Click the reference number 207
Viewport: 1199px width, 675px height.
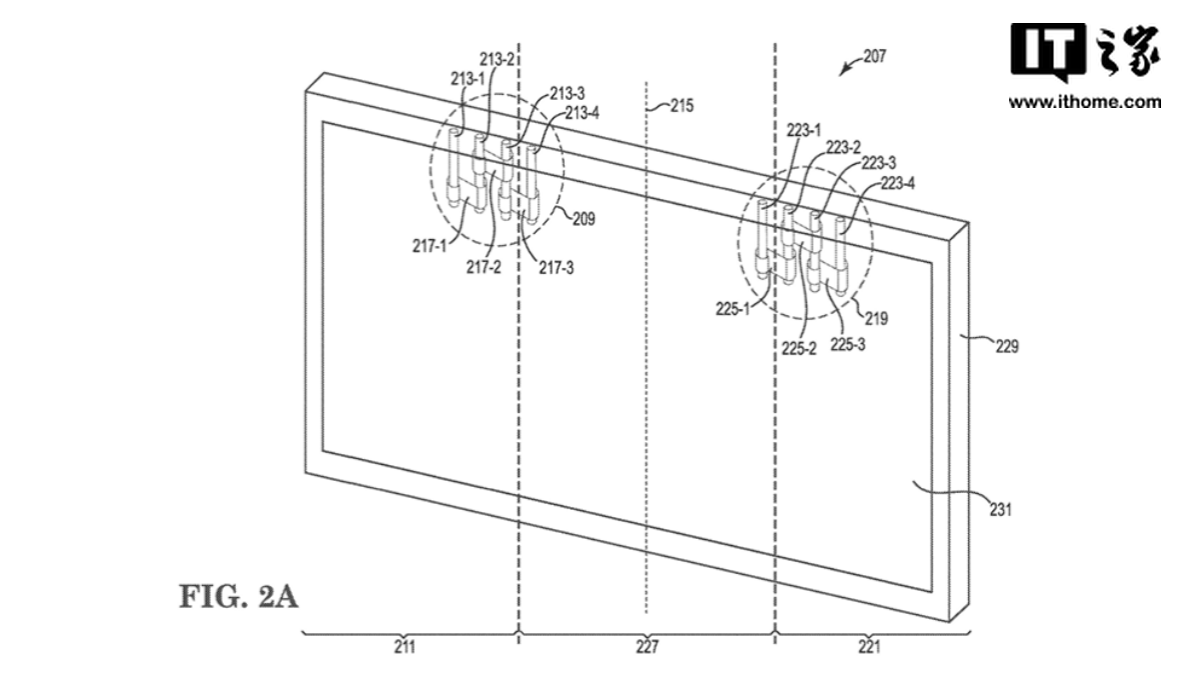point(874,57)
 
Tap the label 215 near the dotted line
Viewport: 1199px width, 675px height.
point(682,104)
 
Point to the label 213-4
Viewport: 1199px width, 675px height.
point(583,112)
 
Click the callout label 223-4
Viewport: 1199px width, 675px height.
point(897,183)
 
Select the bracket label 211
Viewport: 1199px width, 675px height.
point(404,647)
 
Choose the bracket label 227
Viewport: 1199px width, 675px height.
point(647,647)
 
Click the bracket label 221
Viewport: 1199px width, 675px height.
point(869,647)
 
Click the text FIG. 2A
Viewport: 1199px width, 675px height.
point(238,599)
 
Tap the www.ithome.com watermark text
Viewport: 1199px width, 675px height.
point(1084,102)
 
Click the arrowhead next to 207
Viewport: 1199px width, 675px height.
point(842,70)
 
